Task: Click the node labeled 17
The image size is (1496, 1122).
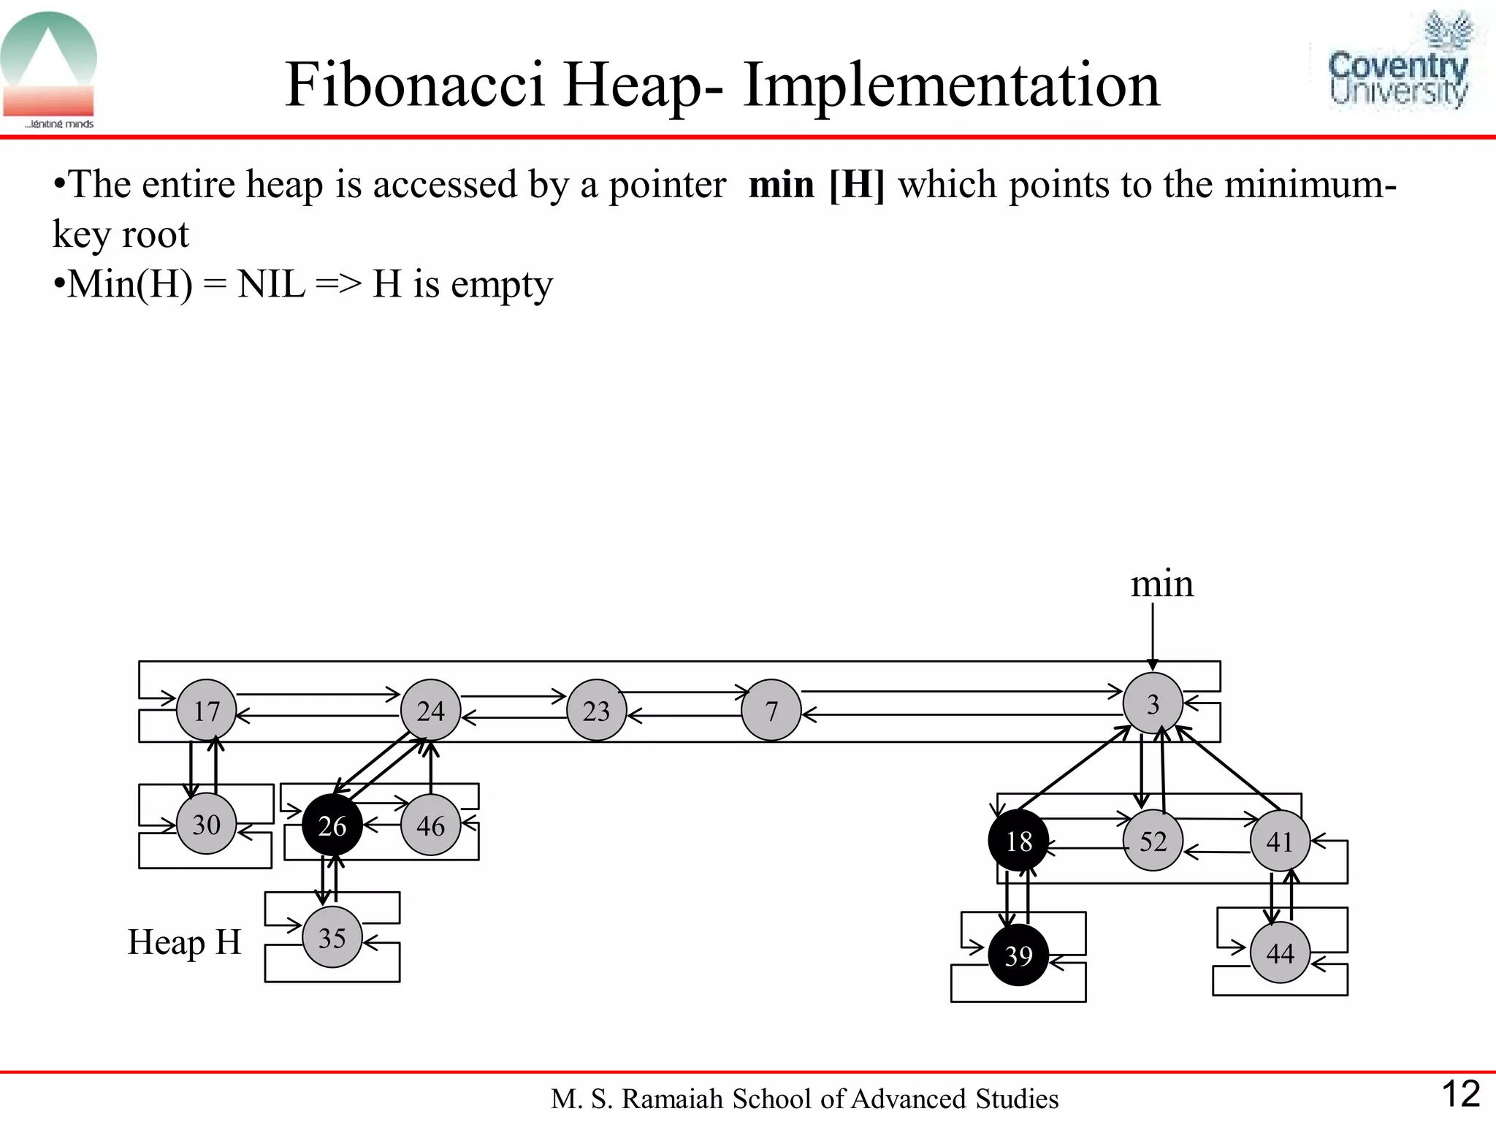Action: pos(207,710)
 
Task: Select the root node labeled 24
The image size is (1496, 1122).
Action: pos(431,710)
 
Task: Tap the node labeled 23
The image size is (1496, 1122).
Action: pos(597,710)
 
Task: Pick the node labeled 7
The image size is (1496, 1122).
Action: pos(771,710)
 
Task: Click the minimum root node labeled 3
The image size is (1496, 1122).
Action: pos(1153,703)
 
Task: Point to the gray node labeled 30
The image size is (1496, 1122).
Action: pos(207,824)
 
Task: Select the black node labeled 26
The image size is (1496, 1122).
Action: pos(332,825)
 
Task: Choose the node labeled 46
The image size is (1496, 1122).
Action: pos(431,825)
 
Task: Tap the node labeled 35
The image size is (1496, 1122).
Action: pos(332,937)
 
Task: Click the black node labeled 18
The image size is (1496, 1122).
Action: pos(1018,841)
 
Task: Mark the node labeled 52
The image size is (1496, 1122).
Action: pos(1153,841)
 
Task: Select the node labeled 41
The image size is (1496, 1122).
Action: pos(1280,841)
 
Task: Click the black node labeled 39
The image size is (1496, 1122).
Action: pos(1018,955)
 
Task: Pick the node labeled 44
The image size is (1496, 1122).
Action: pos(1280,953)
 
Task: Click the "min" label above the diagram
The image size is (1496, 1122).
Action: pos(1161,584)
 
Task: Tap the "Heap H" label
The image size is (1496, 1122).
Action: pos(184,942)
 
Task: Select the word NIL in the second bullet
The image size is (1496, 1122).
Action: pos(271,283)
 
